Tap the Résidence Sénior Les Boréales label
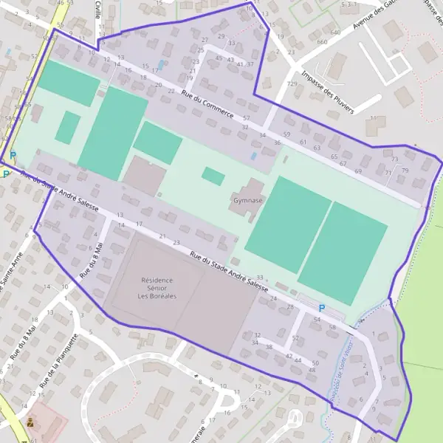point(157,288)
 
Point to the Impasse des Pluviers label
point(328,92)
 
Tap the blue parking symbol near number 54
point(321,308)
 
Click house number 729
point(292,84)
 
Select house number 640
point(335,32)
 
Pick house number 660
point(322,42)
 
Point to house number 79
point(405,171)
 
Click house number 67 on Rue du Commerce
point(343,163)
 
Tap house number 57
point(246,118)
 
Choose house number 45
point(219,59)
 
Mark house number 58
point(332,327)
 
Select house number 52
point(295,338)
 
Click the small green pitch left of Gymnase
point(213,176)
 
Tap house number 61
point(303,142)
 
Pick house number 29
point(221,36)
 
